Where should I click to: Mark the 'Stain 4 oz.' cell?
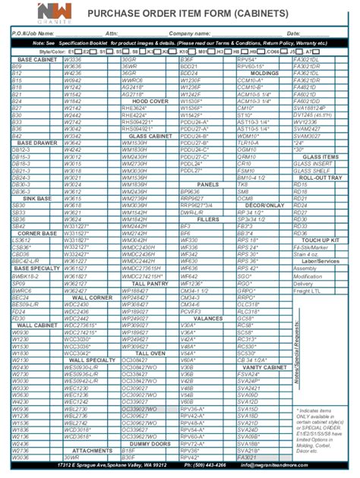click(307, 254)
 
